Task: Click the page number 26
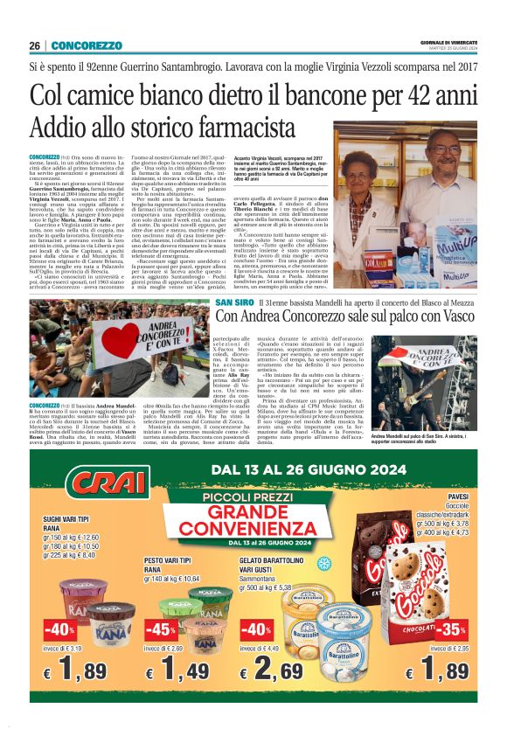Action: pyautogui.click(x=35, y=45)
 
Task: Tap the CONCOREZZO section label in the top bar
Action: pyautogui.click(x=84, y=45)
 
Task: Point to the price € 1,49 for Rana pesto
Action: pyautogui.click(x=183, y=671)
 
